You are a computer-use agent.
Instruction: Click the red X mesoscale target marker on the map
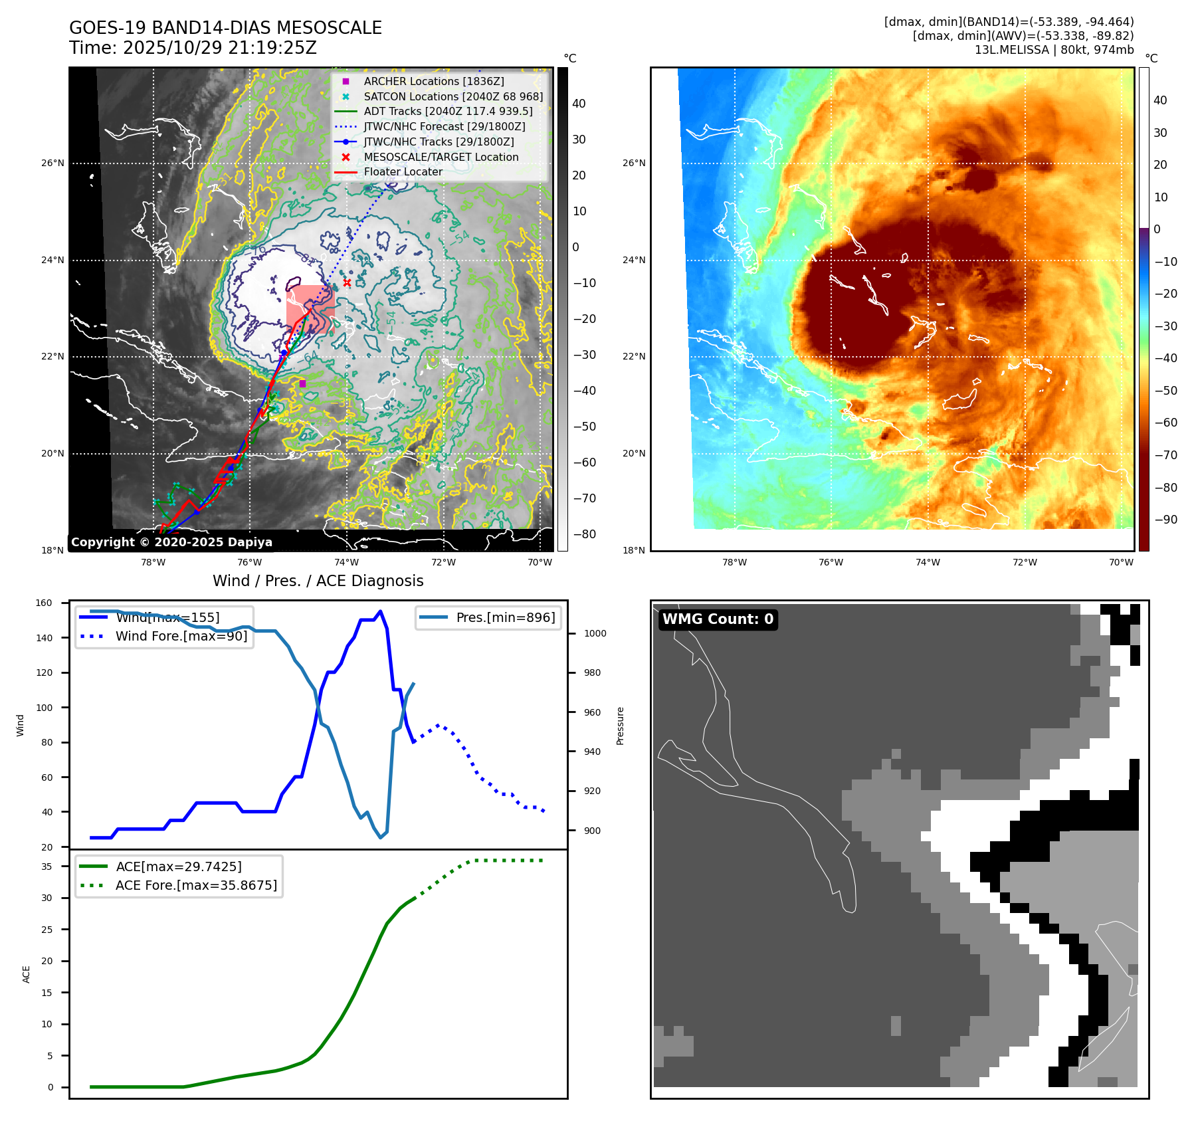tap(347, 283)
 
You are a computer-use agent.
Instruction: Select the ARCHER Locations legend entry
tap(433, 81)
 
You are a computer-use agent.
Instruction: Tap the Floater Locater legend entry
tap(403, 171)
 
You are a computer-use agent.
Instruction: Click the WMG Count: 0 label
tap(718, 619)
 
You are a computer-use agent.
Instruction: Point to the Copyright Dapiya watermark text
tap(171, 542)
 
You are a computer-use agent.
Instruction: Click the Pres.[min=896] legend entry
tap(505, 617)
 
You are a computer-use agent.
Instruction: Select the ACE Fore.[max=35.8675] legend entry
tap(196, 885)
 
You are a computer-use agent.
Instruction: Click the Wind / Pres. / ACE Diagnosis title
tap(318, 581)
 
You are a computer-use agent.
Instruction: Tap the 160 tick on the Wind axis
tap(44, 603)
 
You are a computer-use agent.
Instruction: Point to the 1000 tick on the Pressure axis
tap(595, 633)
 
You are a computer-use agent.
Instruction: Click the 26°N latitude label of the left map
tap(53, 163)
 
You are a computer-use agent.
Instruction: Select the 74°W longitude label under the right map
tap(928, 562)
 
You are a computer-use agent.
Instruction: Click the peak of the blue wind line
tap(380, 611)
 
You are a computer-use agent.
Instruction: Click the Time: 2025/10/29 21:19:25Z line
tap(193, 48)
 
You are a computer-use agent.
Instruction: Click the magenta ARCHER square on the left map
tap(302, 383)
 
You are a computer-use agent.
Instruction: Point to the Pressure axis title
tap(620, 726)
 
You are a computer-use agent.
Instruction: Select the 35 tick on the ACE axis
tap(47, 867)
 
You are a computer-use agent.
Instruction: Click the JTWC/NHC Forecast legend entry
tap(444, 126)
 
